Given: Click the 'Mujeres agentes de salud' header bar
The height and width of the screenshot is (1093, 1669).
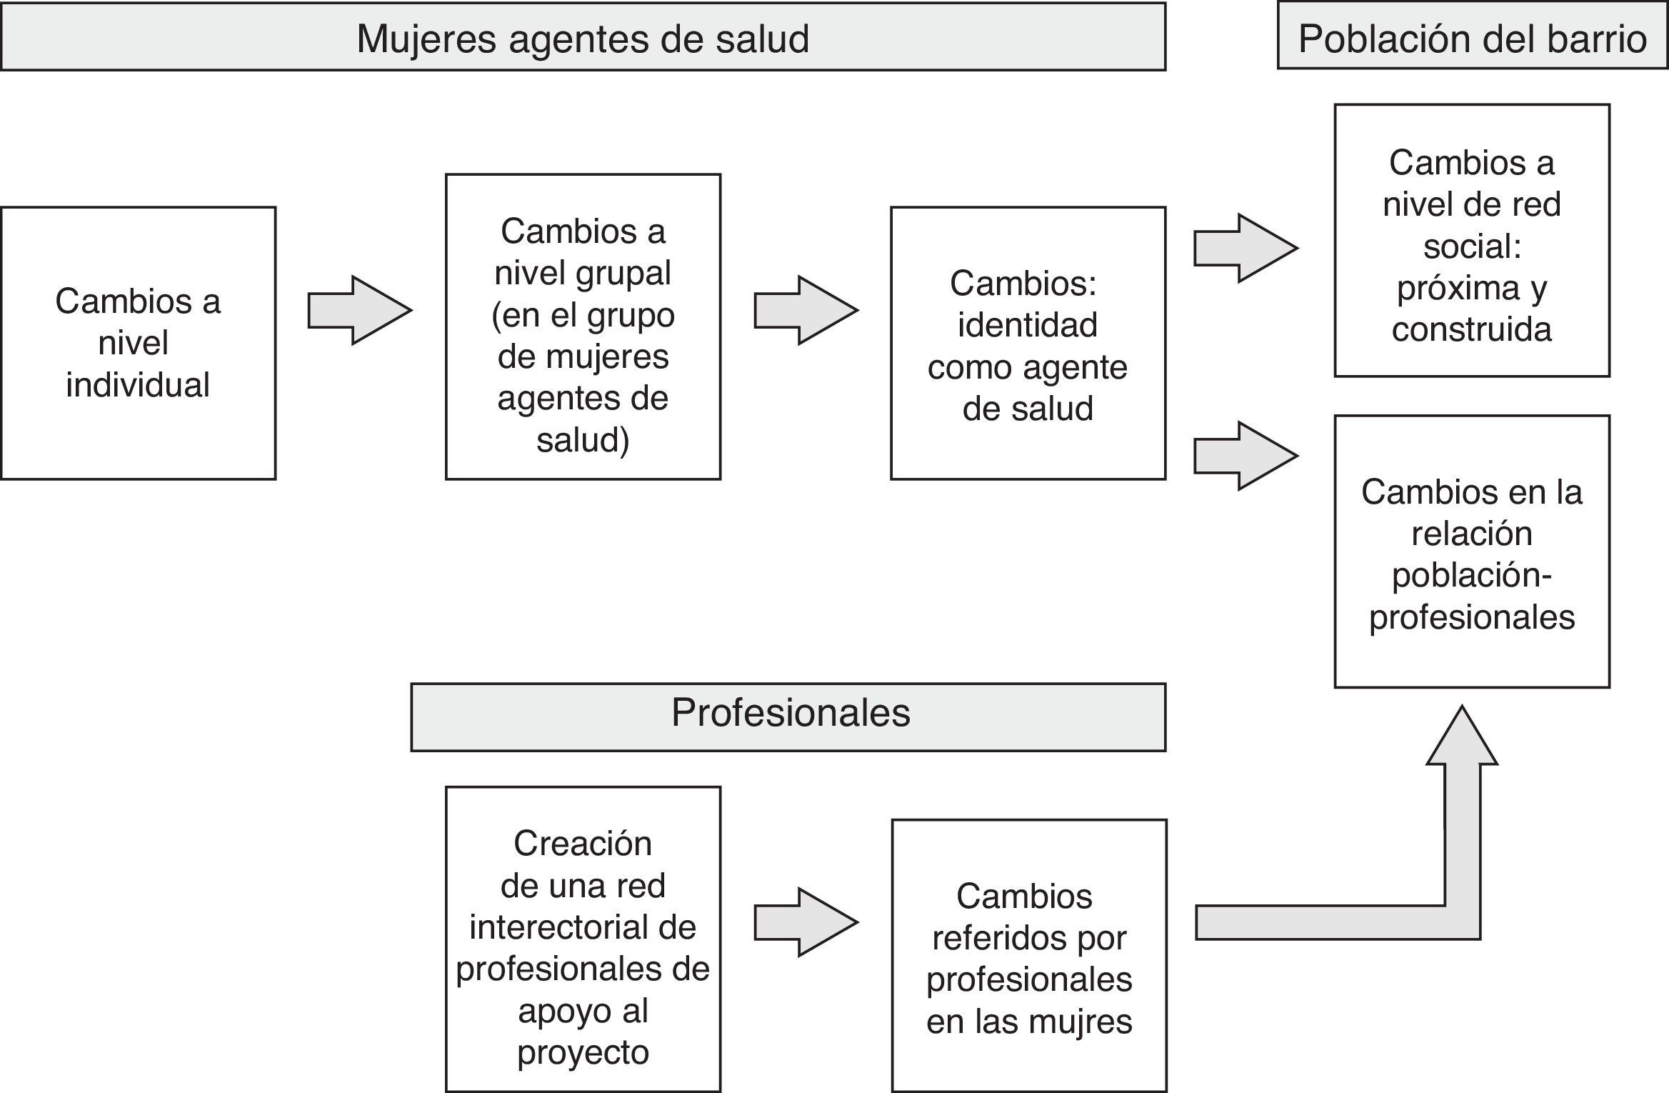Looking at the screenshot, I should (x=583, y=37).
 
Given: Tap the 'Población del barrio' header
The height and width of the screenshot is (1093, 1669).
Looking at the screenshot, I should (x=1472, y=37).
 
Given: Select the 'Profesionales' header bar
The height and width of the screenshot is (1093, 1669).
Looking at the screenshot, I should (x=788, y=717).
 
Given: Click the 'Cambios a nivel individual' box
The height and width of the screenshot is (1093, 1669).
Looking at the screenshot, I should (x=138, y=343).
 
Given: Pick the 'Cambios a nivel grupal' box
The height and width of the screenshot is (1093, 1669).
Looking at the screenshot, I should (x=583, y=326).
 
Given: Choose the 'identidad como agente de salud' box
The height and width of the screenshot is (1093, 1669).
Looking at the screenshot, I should (x=1028, y=343).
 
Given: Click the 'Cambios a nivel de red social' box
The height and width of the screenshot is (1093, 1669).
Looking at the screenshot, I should (x=1471, y=240).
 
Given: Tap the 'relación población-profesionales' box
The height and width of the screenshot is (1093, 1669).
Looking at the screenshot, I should (x=1471, y=552).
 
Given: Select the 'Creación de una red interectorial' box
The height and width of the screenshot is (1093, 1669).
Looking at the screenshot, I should (x=583, y=939).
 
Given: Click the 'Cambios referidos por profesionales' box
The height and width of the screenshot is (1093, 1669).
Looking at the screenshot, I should (x=1029, y=955).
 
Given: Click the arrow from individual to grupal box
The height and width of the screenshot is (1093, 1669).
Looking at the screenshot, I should (x=360, y=310).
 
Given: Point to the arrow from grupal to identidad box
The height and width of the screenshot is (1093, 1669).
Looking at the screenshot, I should (x=806, y=310).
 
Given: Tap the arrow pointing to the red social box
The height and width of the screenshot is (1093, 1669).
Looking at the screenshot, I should (x=1246, y=248).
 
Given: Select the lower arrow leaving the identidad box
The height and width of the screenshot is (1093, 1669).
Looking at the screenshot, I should (x=1246, y=456).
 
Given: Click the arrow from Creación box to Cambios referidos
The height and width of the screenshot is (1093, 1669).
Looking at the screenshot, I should (x=806, y=922).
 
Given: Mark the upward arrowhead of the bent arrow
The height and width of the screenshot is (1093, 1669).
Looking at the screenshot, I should (x=1462, y=739).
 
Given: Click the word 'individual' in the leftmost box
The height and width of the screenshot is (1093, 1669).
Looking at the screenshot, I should (x=138, y=385).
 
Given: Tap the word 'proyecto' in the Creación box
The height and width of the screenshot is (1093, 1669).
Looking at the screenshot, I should (x=583, y=1052).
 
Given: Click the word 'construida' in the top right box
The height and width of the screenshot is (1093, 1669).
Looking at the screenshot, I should (x=1471, y=329).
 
